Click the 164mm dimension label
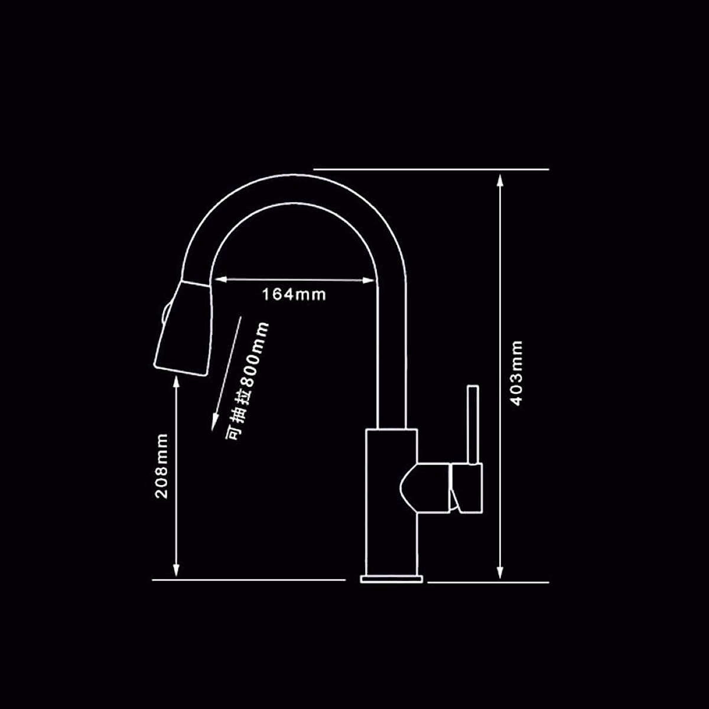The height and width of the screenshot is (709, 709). (x=294, y=294)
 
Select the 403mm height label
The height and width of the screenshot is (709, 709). (x=517, y=373)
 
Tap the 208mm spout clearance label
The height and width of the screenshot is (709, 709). (x=162, y=466)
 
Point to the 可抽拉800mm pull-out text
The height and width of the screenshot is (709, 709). (x=247, y=380)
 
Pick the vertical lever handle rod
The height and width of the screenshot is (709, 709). (x=472, y=425)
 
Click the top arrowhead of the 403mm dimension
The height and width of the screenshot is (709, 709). (x=500, y=178)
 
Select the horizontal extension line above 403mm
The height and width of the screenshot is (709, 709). (x=431, y=169)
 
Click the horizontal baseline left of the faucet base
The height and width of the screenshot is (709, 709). (x=248, y=580)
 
